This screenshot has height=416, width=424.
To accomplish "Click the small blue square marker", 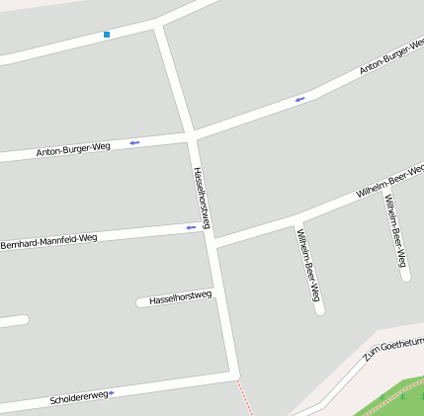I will coord(107,35).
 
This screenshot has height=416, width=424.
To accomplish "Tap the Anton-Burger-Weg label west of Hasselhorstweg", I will coord(72,150).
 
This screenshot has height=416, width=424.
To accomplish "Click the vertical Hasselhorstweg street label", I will coord(202,197).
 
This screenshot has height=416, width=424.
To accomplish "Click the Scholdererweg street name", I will coord(78,398).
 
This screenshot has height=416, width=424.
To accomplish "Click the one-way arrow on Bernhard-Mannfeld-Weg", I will coord(191,228).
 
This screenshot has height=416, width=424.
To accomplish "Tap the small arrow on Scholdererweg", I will coord(112,393).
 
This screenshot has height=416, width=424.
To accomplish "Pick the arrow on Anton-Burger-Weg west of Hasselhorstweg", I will coord(133,143).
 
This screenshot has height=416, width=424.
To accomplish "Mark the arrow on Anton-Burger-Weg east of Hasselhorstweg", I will coord(299,99).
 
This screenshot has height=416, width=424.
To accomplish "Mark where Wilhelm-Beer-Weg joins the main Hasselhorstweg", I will coord(213,243).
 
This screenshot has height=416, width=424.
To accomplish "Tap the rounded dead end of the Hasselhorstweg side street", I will coord(140,301).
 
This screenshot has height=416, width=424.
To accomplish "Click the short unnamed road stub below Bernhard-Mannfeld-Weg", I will coord(14,320).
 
